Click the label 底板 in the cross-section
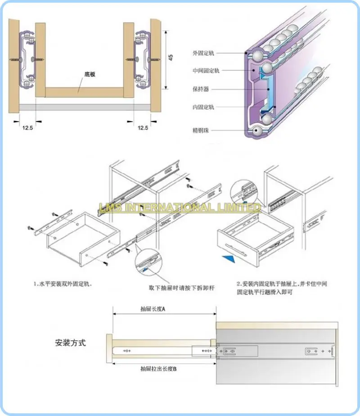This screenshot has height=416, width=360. pos(90,75)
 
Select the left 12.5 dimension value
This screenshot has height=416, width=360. pos(28,128)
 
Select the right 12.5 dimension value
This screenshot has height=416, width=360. pos(143,128)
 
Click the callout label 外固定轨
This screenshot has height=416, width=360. pos(203,53)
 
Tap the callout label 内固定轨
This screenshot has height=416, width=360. pos(203,107)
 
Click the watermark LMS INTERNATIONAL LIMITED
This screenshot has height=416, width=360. pos(180,207)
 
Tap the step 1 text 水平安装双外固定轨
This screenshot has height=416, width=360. pos(65,285)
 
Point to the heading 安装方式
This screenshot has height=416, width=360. pos(70,343)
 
